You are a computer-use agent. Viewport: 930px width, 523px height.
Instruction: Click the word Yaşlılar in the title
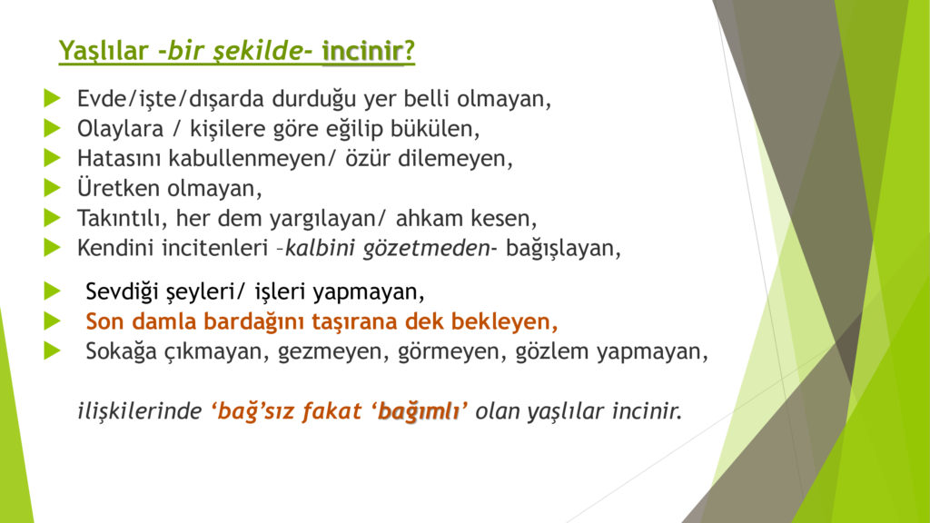(x=104, y=52)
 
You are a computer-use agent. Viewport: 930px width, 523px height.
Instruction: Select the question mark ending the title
(x=410, y=51)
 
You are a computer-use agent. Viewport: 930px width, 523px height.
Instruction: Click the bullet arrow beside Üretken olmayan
(x=52, y=188)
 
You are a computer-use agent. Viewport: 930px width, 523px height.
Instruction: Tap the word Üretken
(x=119, y=188)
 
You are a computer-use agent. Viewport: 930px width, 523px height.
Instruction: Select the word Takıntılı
(x=123, y=218)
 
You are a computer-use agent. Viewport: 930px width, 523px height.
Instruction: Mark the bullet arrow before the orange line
(x=52, y=321)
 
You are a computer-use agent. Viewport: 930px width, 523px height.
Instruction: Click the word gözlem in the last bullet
(x=552, y=351)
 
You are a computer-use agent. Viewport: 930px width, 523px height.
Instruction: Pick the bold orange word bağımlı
(x=419, y=411)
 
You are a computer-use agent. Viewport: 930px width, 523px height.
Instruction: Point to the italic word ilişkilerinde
(x=140, y=411)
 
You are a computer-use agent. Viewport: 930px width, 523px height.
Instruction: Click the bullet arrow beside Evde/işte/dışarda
(x=52, y=98)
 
